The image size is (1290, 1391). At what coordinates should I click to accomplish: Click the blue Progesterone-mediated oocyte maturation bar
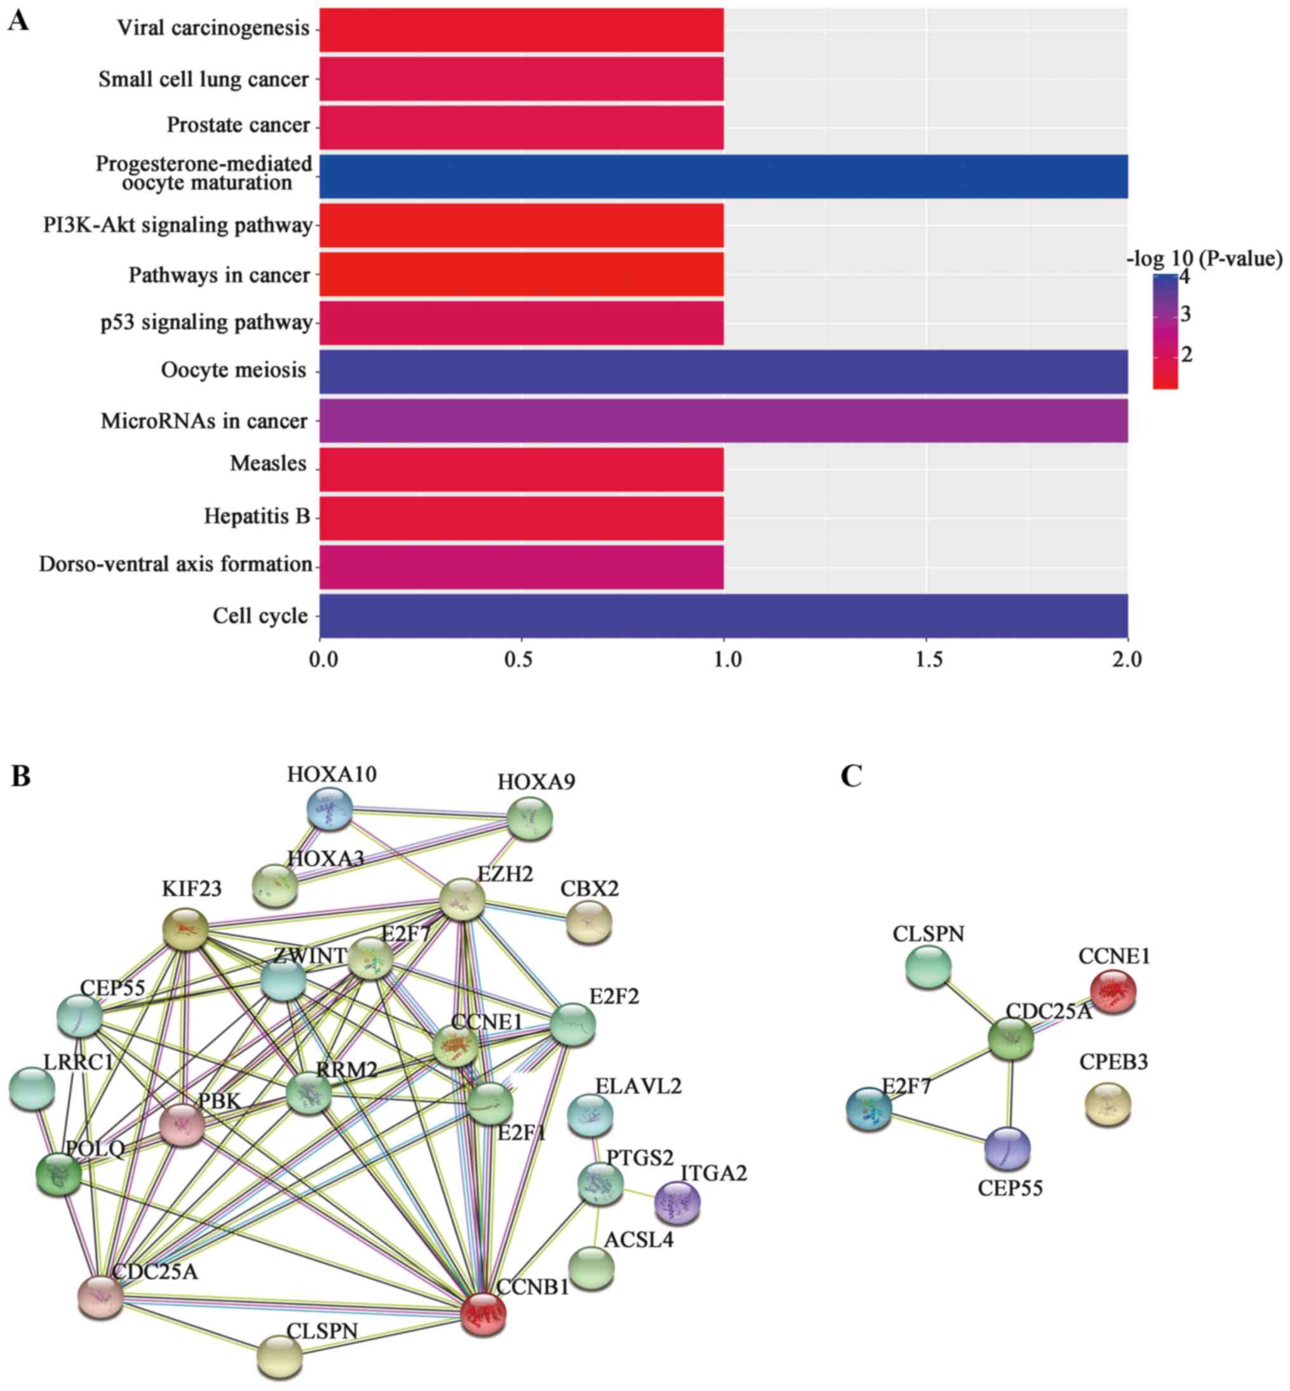coord(723,176)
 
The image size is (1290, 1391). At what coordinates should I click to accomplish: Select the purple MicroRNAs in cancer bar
coord(723,421)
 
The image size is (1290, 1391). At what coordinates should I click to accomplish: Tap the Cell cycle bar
coord(723,615)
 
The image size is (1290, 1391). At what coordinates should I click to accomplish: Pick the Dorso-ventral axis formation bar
coord(521,566)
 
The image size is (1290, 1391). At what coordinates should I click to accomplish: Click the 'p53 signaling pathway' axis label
coord(206,323)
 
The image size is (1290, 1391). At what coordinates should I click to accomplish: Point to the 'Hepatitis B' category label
coord(257,516)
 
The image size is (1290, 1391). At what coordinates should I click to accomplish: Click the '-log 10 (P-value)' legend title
coord(1205,259)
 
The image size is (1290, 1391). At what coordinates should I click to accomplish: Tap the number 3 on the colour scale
coord(1185,315)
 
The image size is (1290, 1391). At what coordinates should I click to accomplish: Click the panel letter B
coord(20,776)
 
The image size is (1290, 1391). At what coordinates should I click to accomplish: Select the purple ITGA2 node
coord(676,1203)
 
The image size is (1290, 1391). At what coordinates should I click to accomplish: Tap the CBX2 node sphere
coord(588,922)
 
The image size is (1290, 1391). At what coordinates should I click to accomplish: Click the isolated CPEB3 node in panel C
coord(1107,1104)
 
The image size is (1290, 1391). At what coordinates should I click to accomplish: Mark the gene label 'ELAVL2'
coord(638,1086)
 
